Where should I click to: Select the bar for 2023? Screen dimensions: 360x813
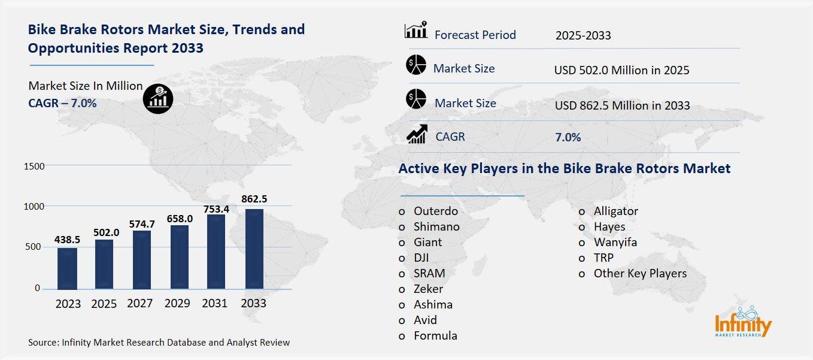click(x=68, y=268)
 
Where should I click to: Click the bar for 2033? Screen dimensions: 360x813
click(x=254, y=249)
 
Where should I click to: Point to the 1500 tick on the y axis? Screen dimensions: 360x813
click(x=34, y=165)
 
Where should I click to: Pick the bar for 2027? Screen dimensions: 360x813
click(x=142, y=260)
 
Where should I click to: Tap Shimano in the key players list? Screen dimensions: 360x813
click(x=436, y=226)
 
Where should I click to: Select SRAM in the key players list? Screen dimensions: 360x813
click(x=429, y=273)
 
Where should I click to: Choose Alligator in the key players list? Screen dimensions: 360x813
click(x=615, y=211)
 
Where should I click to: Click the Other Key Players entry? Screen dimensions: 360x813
click(x=640, y=273)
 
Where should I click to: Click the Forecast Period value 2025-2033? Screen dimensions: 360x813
click(x=583, y=35)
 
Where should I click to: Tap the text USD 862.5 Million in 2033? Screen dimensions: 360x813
click(x=622, y=105)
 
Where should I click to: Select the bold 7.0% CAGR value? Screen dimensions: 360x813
click(x=568, y=137)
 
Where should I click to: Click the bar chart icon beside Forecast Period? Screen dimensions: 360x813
click(x=415, y=30)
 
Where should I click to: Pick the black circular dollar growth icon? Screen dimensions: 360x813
click(x=158, y=98)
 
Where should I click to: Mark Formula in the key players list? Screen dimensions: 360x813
click(x=435, y=335)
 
